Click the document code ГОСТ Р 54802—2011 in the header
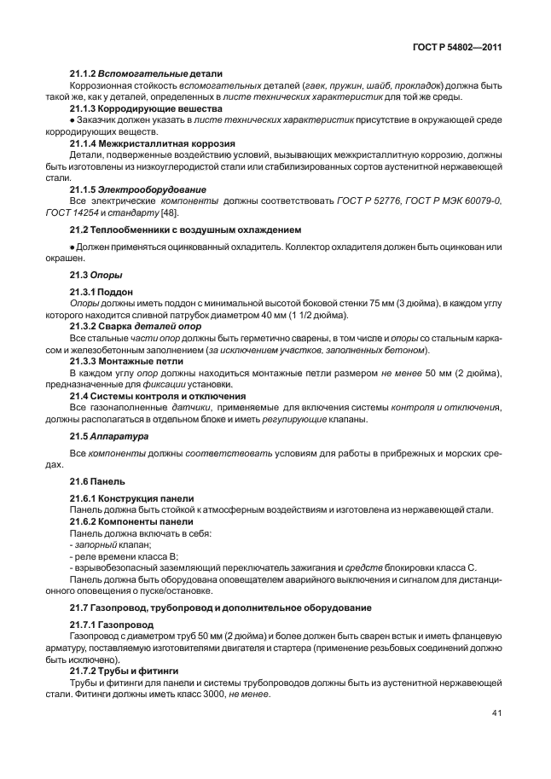click(x=455, y=49)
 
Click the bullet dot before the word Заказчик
click(x=72, y=121)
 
